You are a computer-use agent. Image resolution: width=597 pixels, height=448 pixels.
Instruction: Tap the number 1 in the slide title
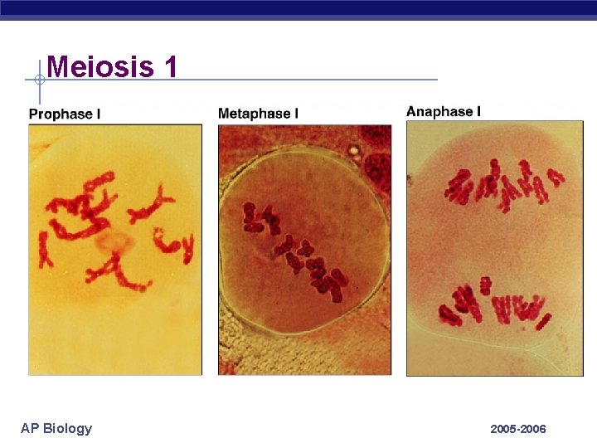coord(171,66)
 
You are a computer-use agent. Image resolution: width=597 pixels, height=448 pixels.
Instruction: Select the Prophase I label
coord(65,114)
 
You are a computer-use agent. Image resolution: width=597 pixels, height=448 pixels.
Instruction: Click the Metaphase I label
coord(258,113)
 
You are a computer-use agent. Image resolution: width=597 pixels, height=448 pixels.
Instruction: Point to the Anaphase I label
coord(444,111)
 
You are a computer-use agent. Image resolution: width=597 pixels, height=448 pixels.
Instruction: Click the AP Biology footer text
coord(56,428)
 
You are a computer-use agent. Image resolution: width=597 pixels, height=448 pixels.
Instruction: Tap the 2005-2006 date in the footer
coord(518,429)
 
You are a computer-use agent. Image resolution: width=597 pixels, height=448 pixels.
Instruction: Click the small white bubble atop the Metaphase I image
coord(355,152)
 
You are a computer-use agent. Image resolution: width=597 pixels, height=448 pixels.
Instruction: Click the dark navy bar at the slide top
coord(298,8)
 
